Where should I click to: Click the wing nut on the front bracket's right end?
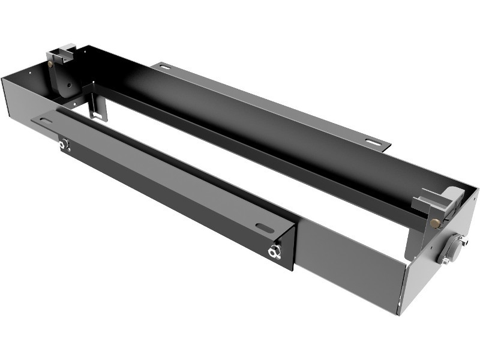pyautogui.click(x=275, y=251)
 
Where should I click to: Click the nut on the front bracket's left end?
pyautogui.click(x=64, y=144)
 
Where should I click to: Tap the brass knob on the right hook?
pyautogui.click(x=434, y=223)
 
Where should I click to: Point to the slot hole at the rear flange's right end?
pyautogui.click(x=373, y=142)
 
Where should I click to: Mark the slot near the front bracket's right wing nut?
pyautogui.click(x=265, y=227)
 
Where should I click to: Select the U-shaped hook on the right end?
pyautogui.click(x=441, y=198)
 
